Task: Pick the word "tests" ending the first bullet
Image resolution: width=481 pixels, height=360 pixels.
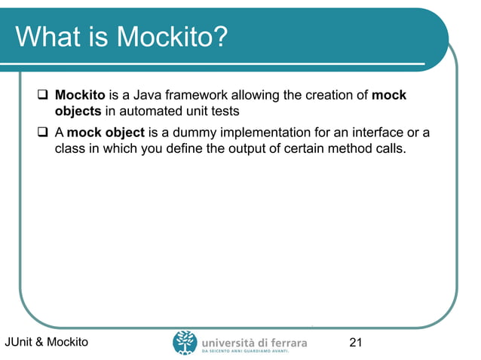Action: [x=224, y=111]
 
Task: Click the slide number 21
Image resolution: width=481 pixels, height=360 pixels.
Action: [x=356, y=343]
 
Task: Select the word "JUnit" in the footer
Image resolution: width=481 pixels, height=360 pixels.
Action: [x=19, y=343]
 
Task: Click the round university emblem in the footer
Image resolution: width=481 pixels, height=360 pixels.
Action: [x=185, y=342]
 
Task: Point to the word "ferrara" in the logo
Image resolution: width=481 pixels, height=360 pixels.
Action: [x=286, y=340]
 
